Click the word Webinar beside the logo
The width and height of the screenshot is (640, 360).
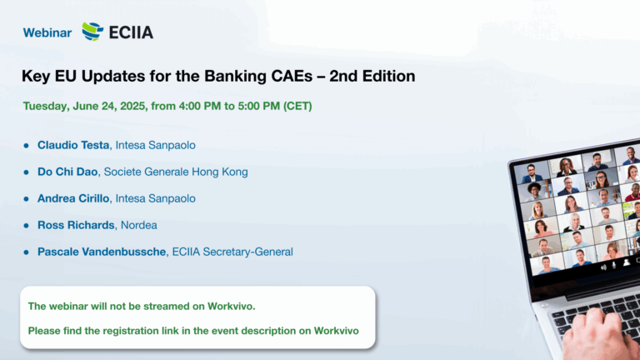tap(47, 32)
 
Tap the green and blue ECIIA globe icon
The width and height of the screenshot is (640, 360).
tap(92, 32)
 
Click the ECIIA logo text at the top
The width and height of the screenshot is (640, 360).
tap(132, 32)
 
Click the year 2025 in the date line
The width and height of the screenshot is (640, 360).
tap(132, 106)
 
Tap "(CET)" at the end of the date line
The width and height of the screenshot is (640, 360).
tap(297, 106)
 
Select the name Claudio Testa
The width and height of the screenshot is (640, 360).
tap(73, 145)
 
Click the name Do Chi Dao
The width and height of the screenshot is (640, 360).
tap(67, 172)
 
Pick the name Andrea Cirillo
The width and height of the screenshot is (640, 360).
tap(73, 198)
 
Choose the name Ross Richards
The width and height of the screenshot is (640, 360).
tap(76, 225)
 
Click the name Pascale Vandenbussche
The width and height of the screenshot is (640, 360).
tap(102, 252)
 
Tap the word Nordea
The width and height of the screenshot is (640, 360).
tap(139, 225)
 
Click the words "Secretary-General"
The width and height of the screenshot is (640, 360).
tap(247, 252)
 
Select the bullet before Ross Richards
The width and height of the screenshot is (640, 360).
tap(27, 225)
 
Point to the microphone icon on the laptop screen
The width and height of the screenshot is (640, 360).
tap(614, 266)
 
